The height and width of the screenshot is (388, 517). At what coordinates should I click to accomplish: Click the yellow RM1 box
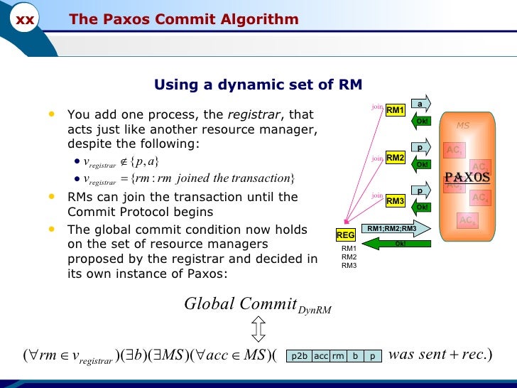point(395,111)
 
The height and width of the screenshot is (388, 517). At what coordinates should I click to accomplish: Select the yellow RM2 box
point(395,157)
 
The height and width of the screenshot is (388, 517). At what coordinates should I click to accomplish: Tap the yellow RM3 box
point(395,201)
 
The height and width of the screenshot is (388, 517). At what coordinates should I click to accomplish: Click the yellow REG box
point(345,235)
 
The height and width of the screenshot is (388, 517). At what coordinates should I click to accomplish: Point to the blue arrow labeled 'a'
point(420,104)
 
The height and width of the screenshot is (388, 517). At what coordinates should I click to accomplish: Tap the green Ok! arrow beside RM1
point(421,120)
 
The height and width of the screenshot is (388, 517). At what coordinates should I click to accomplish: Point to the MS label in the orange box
point(463,126)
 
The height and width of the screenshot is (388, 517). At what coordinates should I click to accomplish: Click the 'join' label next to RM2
point(377,158)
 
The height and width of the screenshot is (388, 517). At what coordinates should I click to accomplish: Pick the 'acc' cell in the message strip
point(321,357)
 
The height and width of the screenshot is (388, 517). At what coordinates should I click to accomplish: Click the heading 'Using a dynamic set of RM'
point(258,85)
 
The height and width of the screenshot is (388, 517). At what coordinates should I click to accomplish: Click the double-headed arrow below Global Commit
point(258,329)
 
